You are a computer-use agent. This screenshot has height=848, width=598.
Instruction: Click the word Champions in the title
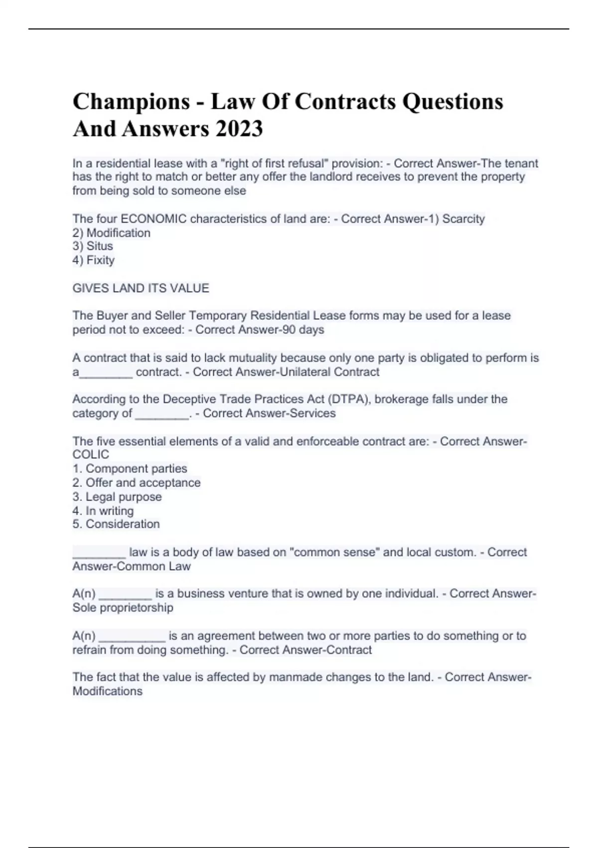[131, 102]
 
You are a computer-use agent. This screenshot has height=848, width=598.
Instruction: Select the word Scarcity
[463, 219]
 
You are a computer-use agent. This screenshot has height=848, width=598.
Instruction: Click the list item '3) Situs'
[93, 246]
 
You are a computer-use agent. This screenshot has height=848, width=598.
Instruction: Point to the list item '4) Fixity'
[94, 260]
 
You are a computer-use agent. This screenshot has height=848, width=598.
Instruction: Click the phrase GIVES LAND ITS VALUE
[141, 288]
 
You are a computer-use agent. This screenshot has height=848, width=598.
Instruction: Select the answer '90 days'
[303, 330]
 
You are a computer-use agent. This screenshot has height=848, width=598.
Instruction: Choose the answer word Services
[312, 413]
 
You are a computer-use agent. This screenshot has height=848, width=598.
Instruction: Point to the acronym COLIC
[91, 454]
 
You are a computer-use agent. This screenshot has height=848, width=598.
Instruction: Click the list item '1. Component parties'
[130, 468]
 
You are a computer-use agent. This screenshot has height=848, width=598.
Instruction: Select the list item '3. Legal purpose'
[117, 497]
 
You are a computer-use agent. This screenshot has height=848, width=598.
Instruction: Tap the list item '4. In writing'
[103, 511]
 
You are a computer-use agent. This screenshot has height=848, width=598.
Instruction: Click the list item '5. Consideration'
[116, 524]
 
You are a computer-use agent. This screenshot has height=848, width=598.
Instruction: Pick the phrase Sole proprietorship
[123, 608]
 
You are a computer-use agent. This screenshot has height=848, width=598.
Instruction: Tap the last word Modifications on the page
[108, 691]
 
